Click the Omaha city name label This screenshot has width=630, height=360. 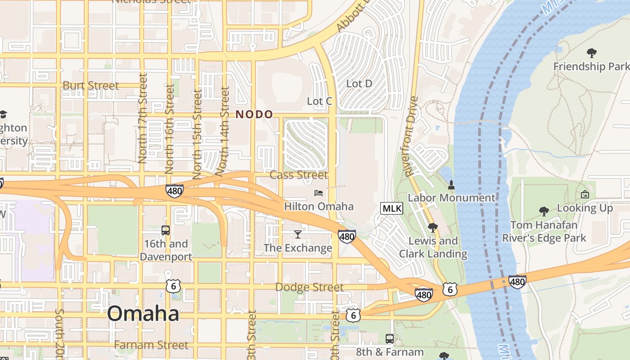143,313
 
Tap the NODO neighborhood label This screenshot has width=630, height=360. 254,114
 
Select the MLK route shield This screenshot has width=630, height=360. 391,208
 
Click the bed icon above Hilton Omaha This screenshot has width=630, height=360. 319,193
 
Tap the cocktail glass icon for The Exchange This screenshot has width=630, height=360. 297,234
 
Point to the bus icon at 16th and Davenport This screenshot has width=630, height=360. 166,230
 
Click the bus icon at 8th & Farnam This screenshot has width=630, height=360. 390,338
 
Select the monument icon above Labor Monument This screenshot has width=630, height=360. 451,184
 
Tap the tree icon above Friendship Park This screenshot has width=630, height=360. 591,53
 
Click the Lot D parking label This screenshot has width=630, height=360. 359,83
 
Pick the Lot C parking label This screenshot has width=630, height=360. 319,101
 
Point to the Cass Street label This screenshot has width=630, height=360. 299,175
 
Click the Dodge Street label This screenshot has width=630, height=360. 309,287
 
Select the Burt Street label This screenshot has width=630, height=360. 91,85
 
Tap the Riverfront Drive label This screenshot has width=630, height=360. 411,136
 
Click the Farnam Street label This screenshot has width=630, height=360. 151,345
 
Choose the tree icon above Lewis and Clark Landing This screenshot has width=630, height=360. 432,228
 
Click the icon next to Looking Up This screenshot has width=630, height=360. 585,194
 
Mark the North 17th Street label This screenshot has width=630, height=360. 143,118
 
